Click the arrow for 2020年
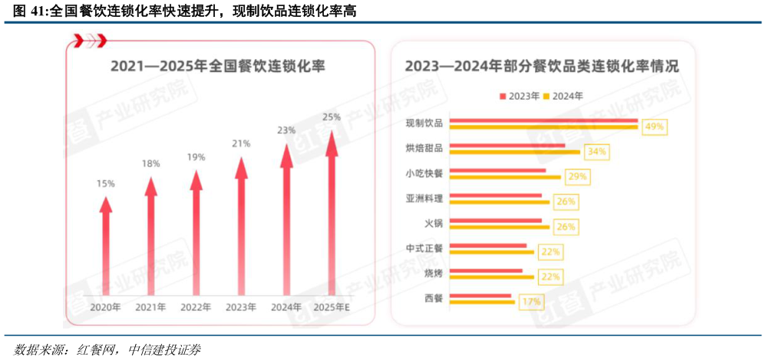[x=106, y=246]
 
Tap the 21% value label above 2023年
[x=241, y=144]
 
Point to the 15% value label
[x=106, y=183]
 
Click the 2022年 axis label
[x=196, y=308]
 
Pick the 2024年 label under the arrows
[x=286, y=308]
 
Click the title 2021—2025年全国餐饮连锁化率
[x=218, y=66]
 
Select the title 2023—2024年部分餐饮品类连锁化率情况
[x=542, y=66]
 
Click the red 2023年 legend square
[x=503, y=97]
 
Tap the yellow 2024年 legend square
[x=546, y=97]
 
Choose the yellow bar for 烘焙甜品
[x=514, y=152]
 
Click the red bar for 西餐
[x=480, y=296]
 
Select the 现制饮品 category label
[x=424, y=124]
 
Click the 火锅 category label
[x=433, y=223]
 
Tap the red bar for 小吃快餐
[x=497, y=170]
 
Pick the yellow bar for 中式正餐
[x=491, y=252]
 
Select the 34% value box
[x=596, y=152]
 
